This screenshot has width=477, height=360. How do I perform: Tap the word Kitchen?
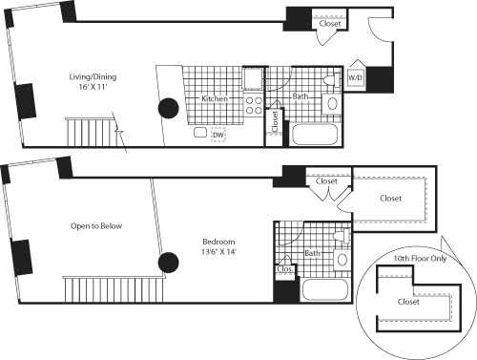tap(212, 99)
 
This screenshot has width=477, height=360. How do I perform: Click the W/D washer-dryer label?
tap(353, 77)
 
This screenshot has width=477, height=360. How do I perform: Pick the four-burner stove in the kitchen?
tap(255, 105)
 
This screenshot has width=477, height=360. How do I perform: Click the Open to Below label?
tap(94, 226)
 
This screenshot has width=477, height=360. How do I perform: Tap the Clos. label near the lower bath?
tap(283, 269)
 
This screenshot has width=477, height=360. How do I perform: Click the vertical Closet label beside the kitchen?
tap(275, 121)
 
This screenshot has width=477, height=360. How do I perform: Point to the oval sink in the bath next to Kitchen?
tap(333, 104)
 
